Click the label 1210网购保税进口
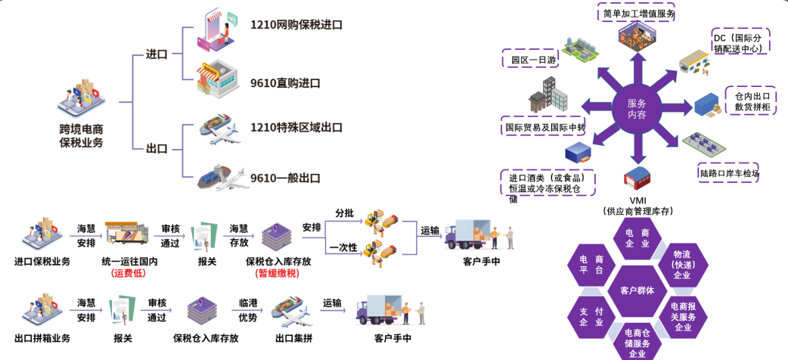(296, 25)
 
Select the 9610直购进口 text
(285, 82)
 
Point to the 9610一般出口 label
(285, 178)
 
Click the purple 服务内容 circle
(637, 109)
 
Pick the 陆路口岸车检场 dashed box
(729, 174)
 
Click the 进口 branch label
(157, 55)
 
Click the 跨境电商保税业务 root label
(81, 135)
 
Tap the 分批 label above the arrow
(343, 213)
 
